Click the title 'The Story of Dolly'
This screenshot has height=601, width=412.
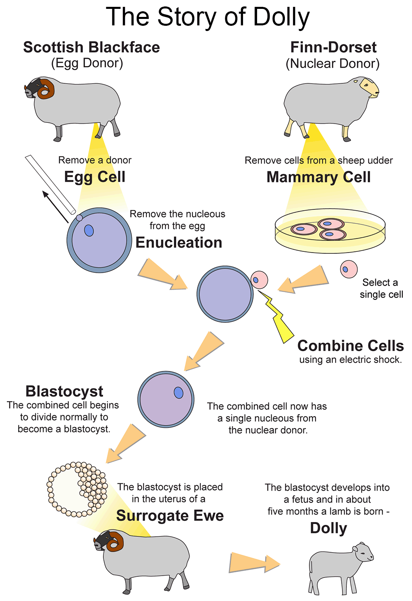click(208, 17)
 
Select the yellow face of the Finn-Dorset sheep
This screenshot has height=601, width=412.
click(369, 88)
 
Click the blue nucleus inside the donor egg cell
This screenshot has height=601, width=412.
click(89, 230)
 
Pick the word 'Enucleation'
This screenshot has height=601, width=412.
click(179, 242)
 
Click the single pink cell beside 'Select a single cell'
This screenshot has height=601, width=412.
click(348, 269)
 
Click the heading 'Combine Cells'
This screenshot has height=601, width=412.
click(350, 346)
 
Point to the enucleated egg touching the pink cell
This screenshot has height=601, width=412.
click(225, 294)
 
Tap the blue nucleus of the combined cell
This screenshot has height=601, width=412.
click(179, 393)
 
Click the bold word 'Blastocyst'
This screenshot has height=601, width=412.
click(64, 391)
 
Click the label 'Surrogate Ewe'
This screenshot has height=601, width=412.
click(170, 516)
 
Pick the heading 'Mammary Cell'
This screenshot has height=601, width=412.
click(318, 177)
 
